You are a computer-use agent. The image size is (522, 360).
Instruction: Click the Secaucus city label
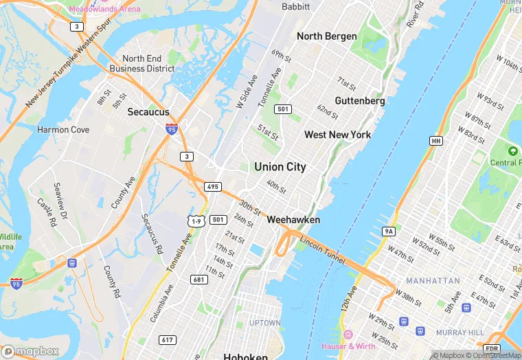coord(149,111)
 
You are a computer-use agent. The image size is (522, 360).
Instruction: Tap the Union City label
coord(280,167)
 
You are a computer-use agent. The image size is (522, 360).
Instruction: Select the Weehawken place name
coord(293,220)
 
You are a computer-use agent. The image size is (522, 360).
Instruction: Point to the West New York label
coord(338,135)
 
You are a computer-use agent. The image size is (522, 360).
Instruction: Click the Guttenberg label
coord(360,100)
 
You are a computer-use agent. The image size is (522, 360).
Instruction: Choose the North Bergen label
coord(326,36)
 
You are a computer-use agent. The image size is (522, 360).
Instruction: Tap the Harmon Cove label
coord(63,130)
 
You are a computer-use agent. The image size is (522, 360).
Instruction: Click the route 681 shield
coord(198,280)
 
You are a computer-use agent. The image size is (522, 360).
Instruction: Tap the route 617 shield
coord(167,339)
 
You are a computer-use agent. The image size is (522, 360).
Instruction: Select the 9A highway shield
coord(389,232)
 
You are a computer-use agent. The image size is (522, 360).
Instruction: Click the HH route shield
coord(435,141)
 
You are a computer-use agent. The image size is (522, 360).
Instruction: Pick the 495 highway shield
coord(212,186)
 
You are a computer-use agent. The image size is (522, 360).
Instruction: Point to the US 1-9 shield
coord(196,221)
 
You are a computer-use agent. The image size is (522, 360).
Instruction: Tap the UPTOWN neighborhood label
coord(264,323)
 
